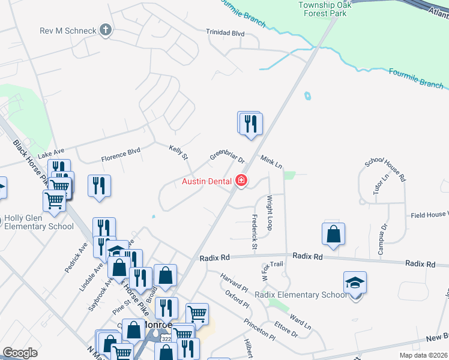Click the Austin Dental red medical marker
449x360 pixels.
coord(242,180)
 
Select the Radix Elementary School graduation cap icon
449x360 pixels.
coord(355,281)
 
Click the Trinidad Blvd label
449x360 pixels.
coord(225,33)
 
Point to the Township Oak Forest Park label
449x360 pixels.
coord(324,9)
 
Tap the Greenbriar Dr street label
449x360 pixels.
coord(227,157)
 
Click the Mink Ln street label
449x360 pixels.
coord(271,161)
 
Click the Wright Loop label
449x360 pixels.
coord(270,212)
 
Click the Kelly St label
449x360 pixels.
coord(178,152)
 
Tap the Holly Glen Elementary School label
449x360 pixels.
coord(40,223)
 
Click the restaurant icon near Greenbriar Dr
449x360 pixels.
coord(250,123)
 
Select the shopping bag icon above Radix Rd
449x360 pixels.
coord(333,234)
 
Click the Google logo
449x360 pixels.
coord(20,352)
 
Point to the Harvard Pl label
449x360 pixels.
coord(234,282)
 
